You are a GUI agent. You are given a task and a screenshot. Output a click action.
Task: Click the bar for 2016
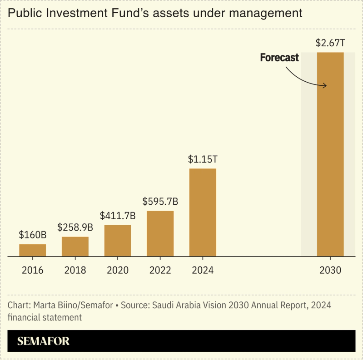pos(32,250)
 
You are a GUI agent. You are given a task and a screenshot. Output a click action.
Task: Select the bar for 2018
pos(75,247)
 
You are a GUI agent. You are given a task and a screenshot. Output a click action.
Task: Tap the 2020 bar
pos(118,241)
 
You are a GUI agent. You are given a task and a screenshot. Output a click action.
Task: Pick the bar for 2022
pos(160,233)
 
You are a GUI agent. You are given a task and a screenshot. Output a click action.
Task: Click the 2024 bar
pos(203,212)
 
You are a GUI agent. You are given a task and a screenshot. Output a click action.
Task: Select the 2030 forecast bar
pos(330,154)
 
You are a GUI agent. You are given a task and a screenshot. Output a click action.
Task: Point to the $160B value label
pos(32,235)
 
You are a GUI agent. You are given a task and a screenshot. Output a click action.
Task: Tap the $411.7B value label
pos(118,216)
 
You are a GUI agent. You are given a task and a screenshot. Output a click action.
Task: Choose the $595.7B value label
pos(160,201)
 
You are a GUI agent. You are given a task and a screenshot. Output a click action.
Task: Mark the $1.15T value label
pos(203,159)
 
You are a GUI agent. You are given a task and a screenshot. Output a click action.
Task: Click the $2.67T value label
pos(330,44)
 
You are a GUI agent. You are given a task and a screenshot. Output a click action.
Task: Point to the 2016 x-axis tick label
pos(32,271)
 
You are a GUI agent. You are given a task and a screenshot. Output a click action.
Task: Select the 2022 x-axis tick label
pos(160,271)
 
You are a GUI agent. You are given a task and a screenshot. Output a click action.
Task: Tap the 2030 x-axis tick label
pos(330,271)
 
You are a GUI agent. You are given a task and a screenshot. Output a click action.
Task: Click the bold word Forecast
pos(279,58)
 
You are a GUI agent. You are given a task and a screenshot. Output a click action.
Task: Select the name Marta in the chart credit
pos(45,305)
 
